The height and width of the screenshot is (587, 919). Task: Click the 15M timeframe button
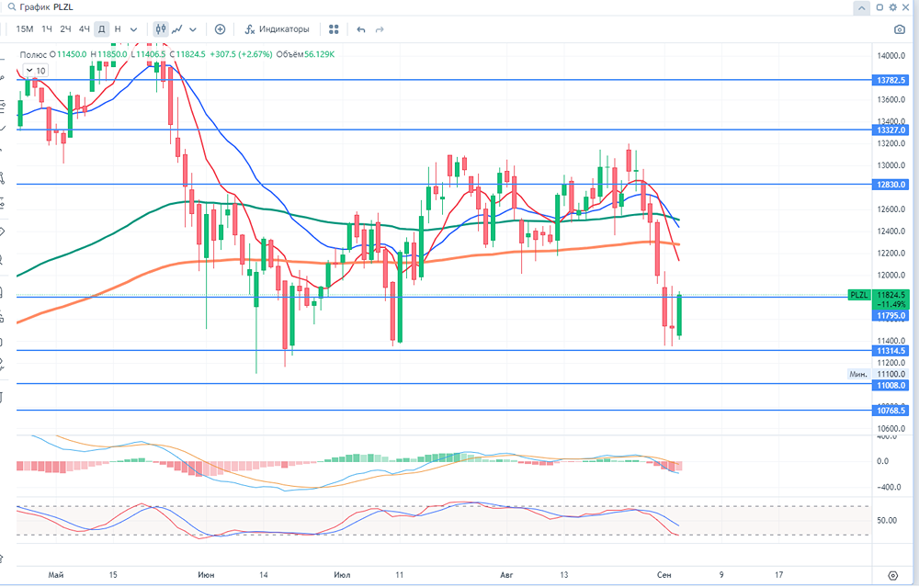pos(25,29)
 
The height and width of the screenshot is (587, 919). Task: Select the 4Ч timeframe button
pos(85,29)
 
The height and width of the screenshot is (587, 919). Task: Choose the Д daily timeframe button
pos(102,29)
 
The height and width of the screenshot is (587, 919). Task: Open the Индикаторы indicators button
pos(277,29)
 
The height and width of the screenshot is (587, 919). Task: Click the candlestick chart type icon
pos(162,29)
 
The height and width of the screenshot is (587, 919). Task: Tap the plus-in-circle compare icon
pos(220,29)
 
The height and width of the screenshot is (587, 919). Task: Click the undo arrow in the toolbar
pos(361,29)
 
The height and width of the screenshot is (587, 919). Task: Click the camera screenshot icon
pos(900,29)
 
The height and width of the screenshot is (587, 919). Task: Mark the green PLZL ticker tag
pos(857,295)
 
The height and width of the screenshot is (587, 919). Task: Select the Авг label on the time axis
pos(506,575)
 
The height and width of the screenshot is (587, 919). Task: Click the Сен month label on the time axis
pos(663,575)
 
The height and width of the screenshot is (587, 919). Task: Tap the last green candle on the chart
pos(680,316)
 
